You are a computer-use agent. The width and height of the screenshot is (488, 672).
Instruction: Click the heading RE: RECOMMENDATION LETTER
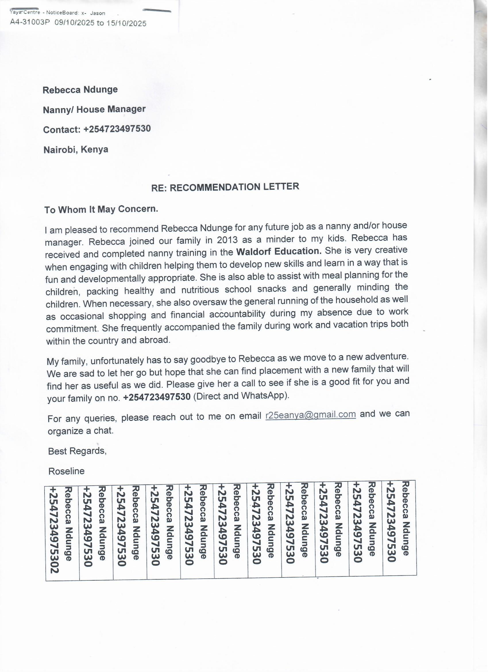[x=225, y=187]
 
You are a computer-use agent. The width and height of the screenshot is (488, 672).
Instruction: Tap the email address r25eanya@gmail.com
[x=311, y=415]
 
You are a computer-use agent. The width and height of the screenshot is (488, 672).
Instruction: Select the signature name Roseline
[x=66, y=471]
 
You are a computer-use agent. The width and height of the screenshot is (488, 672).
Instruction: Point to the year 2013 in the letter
[x=227, y=240]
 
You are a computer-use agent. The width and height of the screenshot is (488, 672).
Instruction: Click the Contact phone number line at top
[x=97, y=129]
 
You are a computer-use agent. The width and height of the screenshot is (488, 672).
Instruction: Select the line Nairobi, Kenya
[x=76, y=150]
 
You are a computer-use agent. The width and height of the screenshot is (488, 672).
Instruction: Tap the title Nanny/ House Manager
[x=94, y=110]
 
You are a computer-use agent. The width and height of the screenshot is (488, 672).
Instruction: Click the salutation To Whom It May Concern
[x=101, y=210]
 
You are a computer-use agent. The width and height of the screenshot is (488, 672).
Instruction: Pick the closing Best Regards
[x=77, y=451]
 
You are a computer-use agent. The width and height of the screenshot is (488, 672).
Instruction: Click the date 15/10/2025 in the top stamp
[x=126, y=23]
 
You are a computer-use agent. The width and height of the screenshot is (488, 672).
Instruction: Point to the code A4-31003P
[x=30, y=22]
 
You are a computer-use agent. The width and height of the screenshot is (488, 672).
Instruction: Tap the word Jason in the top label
[x=98, y=13]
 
